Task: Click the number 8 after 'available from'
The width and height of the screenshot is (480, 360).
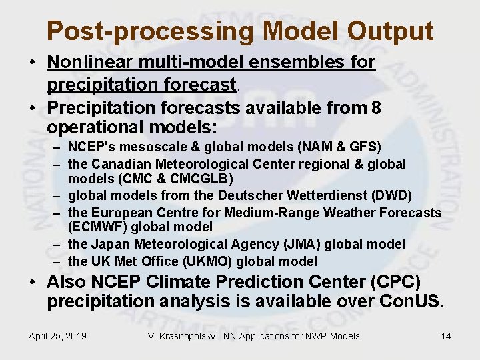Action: pyautogui.click(x=377, y=107)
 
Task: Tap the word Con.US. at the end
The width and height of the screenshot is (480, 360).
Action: pyautogui.click(x=410, y=302)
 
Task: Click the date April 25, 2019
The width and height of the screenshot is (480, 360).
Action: pyautogui.click(x=57, y=336)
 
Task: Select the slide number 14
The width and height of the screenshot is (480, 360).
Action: pyautogui.click(x=446, y=336)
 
